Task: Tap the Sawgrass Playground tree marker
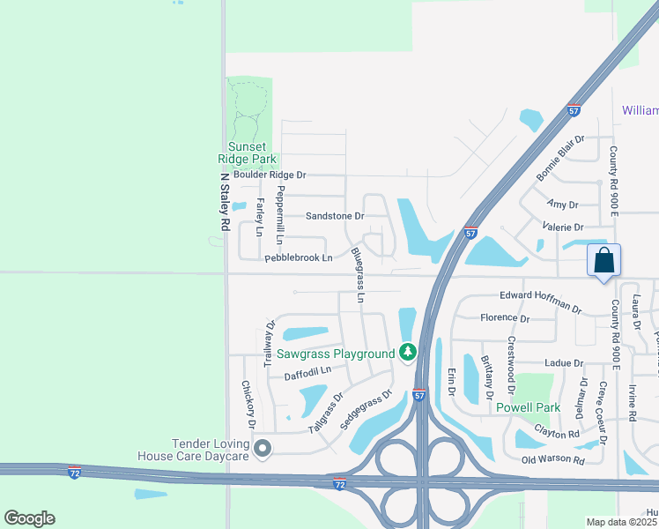(407, 353)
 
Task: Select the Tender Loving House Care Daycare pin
(262, 450)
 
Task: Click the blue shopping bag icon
(603, 261)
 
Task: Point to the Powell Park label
(528, 407)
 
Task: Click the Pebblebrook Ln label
(299, 257)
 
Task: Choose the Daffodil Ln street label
(307, 373)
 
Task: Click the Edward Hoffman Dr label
(541, 301)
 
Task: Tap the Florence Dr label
(505, 318)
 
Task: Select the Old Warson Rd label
(552, 460)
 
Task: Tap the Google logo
(29, 518)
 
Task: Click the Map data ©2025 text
(622, 522)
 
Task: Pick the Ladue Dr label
(564, 362)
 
